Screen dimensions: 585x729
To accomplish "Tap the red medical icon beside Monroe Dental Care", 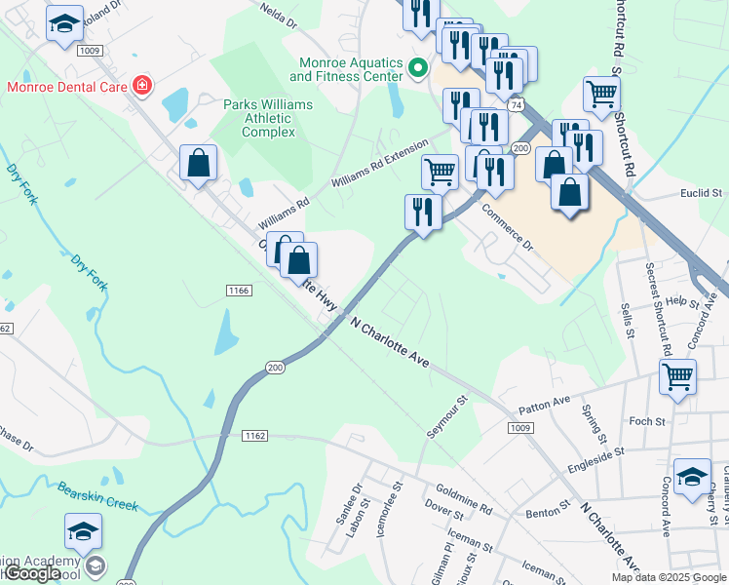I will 142,86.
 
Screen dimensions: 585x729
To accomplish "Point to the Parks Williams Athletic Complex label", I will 268,118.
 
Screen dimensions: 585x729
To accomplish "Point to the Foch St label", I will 646,421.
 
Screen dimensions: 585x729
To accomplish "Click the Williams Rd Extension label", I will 379,164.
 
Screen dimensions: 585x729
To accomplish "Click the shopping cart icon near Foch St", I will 677,375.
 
